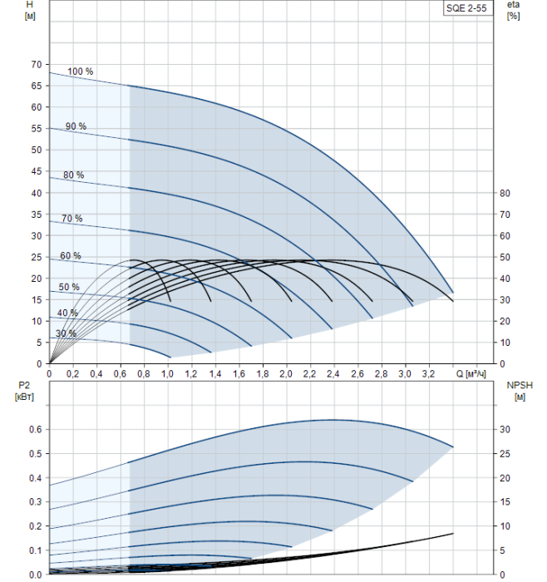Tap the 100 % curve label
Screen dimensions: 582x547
tap(81, 72)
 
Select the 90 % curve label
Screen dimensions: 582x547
tap(76, 126)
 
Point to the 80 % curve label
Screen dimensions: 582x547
tap(73, 175)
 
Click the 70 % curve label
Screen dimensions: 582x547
tap(71, 219)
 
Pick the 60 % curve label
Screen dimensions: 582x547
tap(70, 256)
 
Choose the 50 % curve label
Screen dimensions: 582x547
tap(69, 288)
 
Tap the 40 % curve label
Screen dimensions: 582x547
tap(67, 313)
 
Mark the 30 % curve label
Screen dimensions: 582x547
tap(66, 334)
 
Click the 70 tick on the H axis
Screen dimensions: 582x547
tap(35, 64)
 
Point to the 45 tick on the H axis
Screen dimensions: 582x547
tap(35, 171)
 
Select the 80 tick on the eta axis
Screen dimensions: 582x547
tap(505, 193)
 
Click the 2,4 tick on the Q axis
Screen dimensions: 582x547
tap(334, 375)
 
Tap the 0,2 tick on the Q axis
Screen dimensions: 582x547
tap(72, 375)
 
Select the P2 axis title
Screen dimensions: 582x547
tap(22, 391)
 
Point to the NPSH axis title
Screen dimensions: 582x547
tap(516, 391)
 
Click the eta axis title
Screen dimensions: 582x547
tap(513, 11)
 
